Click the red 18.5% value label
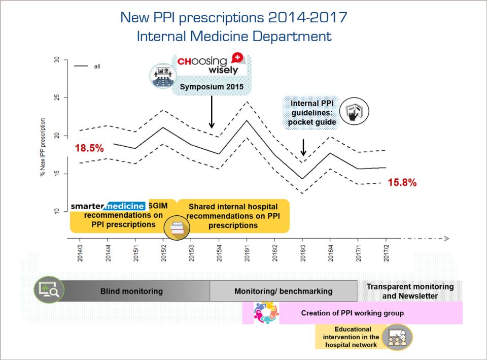(x=89, y=149)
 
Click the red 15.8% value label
(x=402, y=182)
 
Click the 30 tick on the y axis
(x=57, y=60)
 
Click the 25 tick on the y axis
(x=57, y=97)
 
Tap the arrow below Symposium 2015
(x=212, y=112)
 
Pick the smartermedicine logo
(x=107, y=206)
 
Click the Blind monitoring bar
(x=131, y=291)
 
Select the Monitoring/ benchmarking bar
(x=283, y=291)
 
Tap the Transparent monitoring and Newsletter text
(x=410, y=291)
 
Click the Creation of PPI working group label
(x=352, y=313)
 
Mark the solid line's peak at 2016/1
(x=247, y=120)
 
